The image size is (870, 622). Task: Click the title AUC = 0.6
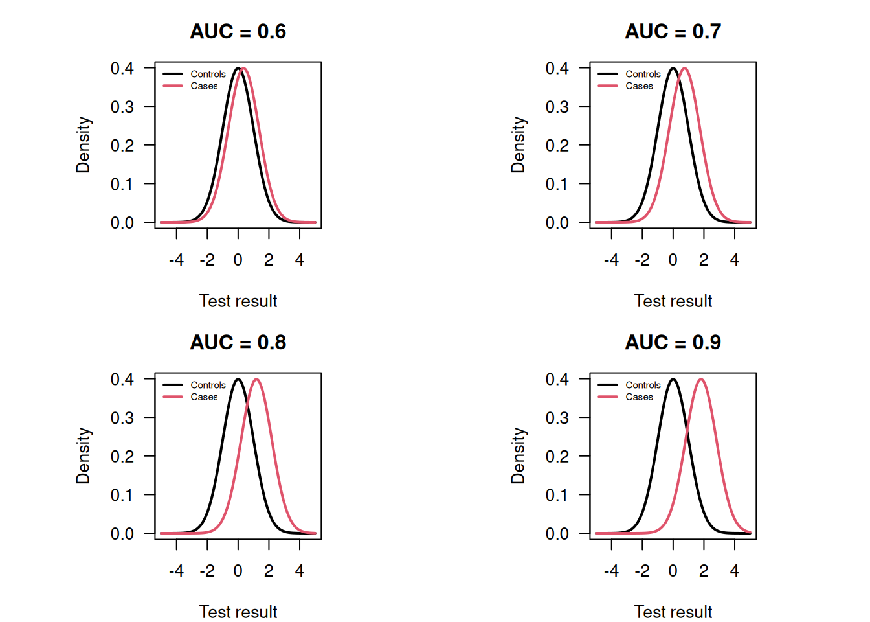point(238,31)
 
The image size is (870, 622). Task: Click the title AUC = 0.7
point(673,31)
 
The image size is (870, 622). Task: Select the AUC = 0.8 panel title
point(238,342)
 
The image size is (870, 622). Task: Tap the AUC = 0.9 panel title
point(673,342)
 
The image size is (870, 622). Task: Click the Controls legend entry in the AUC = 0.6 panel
point(208,74)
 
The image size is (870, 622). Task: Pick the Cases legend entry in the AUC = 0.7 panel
point(639,86)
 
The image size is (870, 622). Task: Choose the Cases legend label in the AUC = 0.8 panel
point(204,397)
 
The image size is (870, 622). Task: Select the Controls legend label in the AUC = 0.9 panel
point(643,385)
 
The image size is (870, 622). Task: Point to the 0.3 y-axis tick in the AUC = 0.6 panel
point(122,107)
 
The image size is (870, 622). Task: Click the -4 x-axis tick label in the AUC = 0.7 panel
point(611,260)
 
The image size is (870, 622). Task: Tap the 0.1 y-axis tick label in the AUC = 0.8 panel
point(122,496)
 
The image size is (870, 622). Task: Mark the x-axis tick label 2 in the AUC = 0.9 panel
point(704,571)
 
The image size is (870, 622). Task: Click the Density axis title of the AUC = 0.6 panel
point(83,145)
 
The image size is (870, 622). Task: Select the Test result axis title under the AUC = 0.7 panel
point(673,301)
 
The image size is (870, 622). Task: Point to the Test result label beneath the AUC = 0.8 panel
point(238,612)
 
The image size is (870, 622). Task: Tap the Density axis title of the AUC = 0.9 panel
point(518,456)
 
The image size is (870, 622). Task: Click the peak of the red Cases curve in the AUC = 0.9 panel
point(701,380)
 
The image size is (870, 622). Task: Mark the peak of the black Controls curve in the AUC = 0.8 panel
point(238,380)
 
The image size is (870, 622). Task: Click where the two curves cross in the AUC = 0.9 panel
point(687,433)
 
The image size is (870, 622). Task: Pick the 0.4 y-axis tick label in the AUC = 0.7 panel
point(557,68)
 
